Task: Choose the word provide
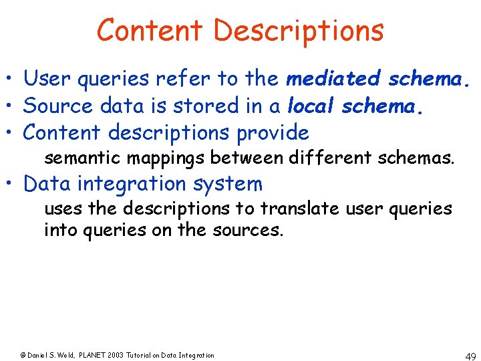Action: click(x=273, y=133)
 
